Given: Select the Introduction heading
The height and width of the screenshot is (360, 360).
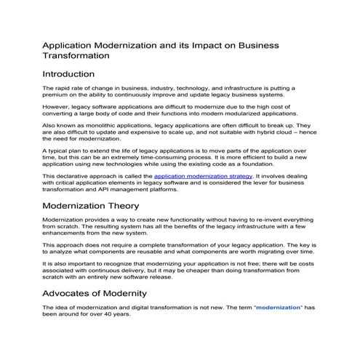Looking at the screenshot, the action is (x=68, y=74).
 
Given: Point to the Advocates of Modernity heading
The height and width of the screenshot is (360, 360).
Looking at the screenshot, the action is (x=95, y=293).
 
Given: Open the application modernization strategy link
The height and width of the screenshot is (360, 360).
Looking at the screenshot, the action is (x=196, y=176).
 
